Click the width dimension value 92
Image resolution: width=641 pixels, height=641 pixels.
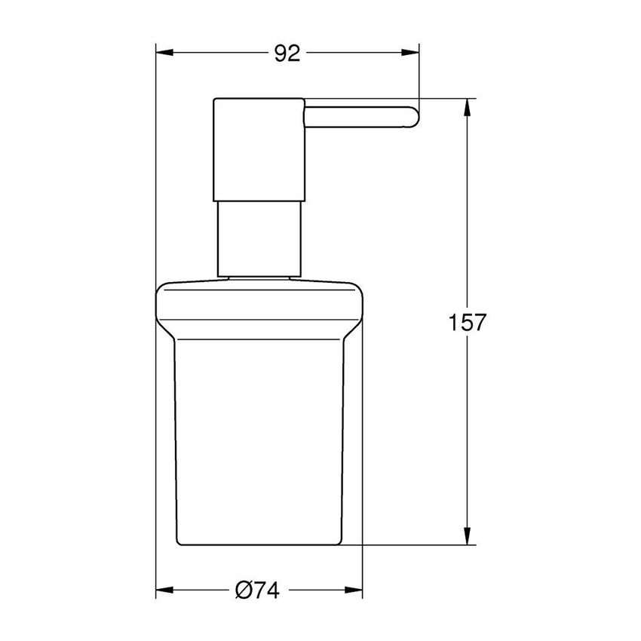pos(287,53)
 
